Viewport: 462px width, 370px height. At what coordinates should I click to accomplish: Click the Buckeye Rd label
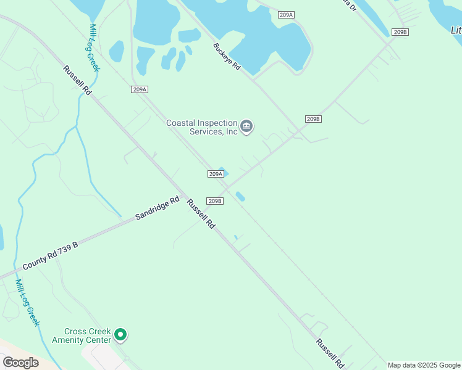point(227,57)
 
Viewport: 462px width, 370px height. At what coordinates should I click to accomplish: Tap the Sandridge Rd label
point(157,209)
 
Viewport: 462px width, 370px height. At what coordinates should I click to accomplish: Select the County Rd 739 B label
point(50,256)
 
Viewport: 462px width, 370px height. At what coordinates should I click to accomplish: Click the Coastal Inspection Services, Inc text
point(202,127)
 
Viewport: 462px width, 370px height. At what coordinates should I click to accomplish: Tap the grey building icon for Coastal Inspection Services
point(246,126)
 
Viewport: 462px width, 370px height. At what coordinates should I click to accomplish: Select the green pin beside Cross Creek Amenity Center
point(120,335)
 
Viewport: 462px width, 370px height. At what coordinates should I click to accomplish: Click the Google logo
point(20,362)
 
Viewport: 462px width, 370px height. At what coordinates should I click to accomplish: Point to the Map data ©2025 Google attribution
point(424,365)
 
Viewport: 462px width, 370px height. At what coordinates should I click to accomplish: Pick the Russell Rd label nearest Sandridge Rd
point(201,214)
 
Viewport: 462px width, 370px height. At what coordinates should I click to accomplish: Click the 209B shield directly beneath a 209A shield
point(214,201)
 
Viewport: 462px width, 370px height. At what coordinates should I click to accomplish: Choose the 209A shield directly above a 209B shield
point(215,174)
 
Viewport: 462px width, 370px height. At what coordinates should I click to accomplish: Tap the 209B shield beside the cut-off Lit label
point(400,32)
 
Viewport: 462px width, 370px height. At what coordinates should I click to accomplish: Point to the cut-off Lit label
point(456,30)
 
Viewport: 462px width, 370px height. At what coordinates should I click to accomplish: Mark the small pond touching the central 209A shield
point(223,171)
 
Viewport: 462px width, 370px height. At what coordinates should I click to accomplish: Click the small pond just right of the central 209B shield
point(240,197)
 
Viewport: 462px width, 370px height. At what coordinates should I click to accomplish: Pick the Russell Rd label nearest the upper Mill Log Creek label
point(77,80)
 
